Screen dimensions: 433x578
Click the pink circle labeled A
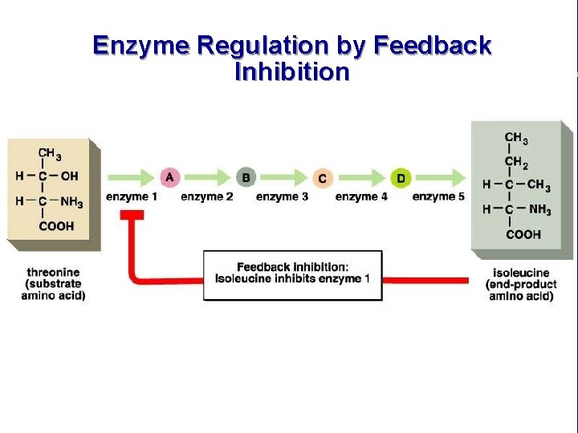pyautogui.click(x=169, y=176)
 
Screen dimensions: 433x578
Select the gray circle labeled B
pyautogui.click(x=246, y=176)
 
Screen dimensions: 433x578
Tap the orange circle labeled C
pyautogui.click(x=322, y=177)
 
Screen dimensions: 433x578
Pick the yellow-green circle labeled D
pyautogui.click(x=401, y=176)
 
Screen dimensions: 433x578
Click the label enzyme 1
pyautogui.click(x=132, y=196)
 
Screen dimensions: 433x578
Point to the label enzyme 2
pyautogui.click(x=207, y=196)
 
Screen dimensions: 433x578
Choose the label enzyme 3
pyautogui.click(x=282, y=196)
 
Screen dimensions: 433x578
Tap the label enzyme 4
pyautogui.click(x=361, y=196)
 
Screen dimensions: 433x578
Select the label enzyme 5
pyautogui.click(x=438, y=196)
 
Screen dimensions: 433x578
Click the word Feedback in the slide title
pyautogui.click(x=429, y=46)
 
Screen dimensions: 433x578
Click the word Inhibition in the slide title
pyautogui.click(x=292, y=72)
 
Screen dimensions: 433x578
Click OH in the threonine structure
pyautogui.click(x=70, y=176)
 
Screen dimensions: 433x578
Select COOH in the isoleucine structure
pyautogui.click(x=523, y=234)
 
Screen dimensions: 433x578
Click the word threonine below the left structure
pyautogui.click(x=52, y=271)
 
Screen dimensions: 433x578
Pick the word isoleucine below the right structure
pyautogui.click(x=520, y=273)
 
